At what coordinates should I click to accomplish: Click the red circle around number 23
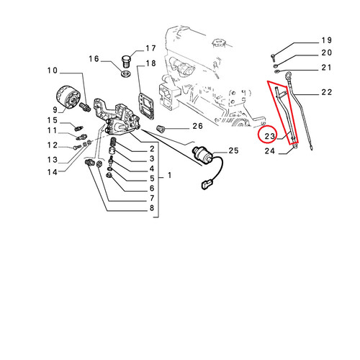[x=258, y=135]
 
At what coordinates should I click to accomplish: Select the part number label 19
[x=327, y=40]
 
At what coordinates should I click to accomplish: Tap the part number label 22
[x=327, y=92]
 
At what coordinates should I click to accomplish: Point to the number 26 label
[x=197, y=126]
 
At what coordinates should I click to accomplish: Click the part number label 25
[x=233, y=150]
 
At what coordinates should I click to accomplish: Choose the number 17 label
[x=150, y=48]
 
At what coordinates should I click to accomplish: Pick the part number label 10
[x=53, y=71]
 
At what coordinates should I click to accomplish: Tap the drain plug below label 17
[x=127, y=62]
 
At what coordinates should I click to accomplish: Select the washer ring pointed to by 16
[x=126, y=74]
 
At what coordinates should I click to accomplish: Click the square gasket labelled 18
[x=146, y=106]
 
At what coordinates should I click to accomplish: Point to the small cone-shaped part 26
[x=160, y=129]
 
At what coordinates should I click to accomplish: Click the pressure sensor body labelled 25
[x=203, y=155]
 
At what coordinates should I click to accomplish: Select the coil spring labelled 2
[x=113, y=142]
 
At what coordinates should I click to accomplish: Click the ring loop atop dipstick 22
[x=287, y=76]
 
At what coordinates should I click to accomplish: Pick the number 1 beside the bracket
[x=169, y=176]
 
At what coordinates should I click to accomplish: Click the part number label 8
[x=152, y=208]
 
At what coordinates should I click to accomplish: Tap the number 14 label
[x=53, y=172]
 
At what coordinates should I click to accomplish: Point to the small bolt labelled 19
[x=273, y=56]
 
